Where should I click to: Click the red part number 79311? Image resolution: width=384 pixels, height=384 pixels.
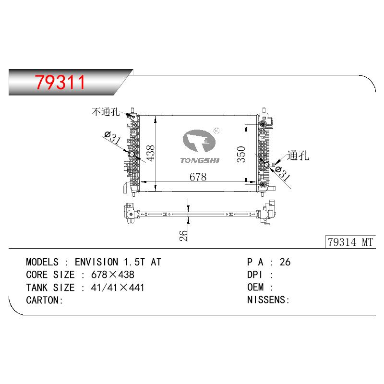coord(60,82)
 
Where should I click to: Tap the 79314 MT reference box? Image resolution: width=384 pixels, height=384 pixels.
coord(350,242)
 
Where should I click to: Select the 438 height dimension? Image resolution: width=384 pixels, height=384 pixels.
coord(150,153)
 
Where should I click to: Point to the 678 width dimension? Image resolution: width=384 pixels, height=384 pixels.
coord(198,177)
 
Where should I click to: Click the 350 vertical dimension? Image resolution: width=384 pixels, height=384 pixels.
coord(241,154)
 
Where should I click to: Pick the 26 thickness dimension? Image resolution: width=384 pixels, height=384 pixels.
coord(183,236)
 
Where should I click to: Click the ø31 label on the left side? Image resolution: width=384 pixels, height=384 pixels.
coord(112,137)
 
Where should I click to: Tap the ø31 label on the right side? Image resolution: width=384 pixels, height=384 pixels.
coord(282,173)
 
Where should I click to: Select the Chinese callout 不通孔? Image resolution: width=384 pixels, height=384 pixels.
coord(106,112)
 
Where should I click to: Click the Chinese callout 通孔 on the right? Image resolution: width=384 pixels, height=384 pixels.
coord(298,156)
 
